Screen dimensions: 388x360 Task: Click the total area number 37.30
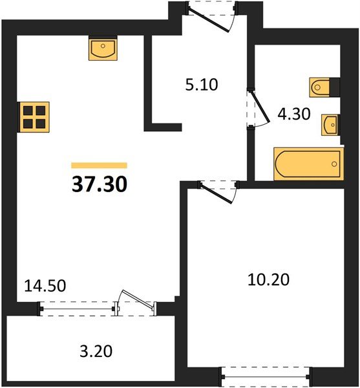[99, 185]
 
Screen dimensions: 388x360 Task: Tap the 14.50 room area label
[45, 285]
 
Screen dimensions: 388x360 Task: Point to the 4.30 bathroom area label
[294, 114]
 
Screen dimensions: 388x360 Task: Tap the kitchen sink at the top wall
[102, 48]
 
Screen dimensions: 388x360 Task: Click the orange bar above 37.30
[99, 166]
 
